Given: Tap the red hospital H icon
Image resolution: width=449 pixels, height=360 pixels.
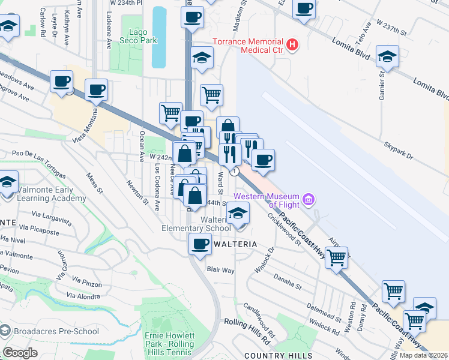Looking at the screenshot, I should click(292, 43).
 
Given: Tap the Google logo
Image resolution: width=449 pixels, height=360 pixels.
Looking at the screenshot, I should click(19, 352).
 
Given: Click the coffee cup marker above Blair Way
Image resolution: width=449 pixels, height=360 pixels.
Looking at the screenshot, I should click(200, 244).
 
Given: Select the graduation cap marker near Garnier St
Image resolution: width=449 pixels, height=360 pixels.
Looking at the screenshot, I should click(387, 57).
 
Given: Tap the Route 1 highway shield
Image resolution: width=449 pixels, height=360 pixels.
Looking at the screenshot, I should click(235, 171).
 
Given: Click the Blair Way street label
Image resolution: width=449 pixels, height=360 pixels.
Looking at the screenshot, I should click(220, 270).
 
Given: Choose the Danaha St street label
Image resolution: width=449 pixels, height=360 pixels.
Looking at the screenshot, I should click(288, 279).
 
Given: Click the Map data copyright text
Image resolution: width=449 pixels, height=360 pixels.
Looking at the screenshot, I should click(423, 355).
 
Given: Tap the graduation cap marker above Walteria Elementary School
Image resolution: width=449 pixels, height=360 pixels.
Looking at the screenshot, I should click(238, 212).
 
